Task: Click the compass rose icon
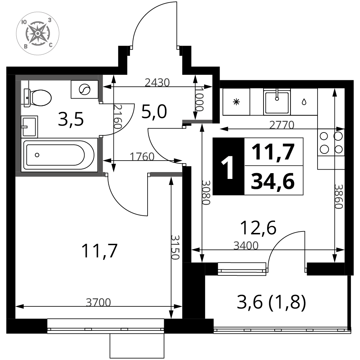coord(38,33)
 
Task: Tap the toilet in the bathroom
coord(37,98)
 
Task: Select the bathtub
coord(60,155)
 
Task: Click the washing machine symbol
coord(85,89)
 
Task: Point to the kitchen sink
coord(277,102)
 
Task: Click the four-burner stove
coord(331,143)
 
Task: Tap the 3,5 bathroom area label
coord(71,120)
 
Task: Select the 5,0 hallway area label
coord(154,112)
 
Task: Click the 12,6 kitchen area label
coord(258,228)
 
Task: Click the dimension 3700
coord(99,302)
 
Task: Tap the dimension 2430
coord(157,83)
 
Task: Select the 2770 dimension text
coord(282,125)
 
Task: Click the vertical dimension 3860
coord(338,197)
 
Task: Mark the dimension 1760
coord(142,157)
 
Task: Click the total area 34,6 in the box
coord(273,181)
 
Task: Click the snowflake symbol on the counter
coord(236,102)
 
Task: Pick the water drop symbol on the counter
coord(304,102)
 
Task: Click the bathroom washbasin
coord(29,127)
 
